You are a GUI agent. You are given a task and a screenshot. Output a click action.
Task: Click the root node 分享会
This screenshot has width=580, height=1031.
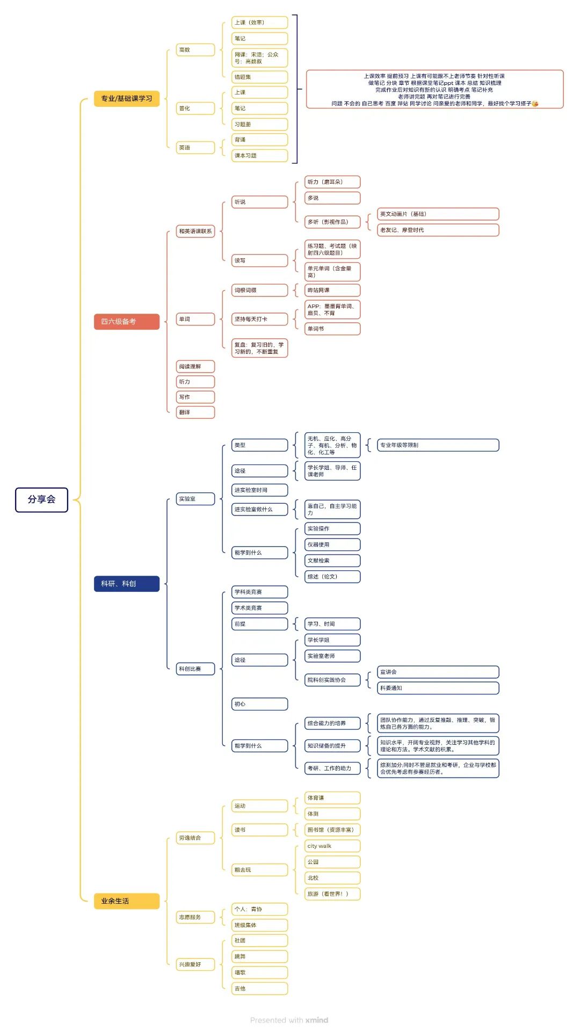pos(41,499)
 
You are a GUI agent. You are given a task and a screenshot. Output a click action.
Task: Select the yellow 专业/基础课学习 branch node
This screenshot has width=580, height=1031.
pos(127,99)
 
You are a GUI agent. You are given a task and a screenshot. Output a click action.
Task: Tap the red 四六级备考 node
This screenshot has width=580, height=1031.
pos(127,322)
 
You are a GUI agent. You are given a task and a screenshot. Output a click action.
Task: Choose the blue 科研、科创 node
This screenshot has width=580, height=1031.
pos(127,584)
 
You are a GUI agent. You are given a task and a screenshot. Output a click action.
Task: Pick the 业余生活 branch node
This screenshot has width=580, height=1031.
pos(127,901)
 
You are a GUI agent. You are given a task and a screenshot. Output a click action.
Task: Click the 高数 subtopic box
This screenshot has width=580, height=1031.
pos(195,50)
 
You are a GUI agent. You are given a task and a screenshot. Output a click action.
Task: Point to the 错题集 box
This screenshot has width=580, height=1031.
pos(259,77)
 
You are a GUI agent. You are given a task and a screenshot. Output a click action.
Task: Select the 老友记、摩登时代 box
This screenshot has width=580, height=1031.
pos(438,230)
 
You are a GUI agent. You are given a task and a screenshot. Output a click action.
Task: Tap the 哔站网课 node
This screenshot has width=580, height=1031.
pos(332,291)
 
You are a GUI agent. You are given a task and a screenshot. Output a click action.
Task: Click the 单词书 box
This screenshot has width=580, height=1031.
pos(332,329)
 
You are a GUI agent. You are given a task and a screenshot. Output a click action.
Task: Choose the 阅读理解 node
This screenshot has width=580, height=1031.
pos(195,367)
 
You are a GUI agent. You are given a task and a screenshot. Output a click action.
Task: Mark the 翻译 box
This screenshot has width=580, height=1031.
pos(195,412)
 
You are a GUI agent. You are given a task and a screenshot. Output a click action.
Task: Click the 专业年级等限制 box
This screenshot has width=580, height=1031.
pos(438,445)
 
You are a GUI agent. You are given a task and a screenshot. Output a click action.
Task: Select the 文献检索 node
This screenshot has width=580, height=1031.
pos(332,561)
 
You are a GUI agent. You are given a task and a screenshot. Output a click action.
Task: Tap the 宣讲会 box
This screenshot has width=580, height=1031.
pos(438,672)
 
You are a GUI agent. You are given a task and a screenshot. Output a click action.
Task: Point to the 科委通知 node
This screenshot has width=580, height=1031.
pos(438,688)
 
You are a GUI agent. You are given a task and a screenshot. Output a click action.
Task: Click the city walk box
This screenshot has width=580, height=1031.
pos(332,846)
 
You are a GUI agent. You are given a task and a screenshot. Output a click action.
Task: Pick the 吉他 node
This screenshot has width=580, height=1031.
pos(259,989)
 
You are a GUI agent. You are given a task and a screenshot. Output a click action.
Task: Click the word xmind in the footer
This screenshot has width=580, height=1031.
pos(317,1020)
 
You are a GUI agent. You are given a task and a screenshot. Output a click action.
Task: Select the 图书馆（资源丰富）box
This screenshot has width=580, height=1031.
pos(332,830)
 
